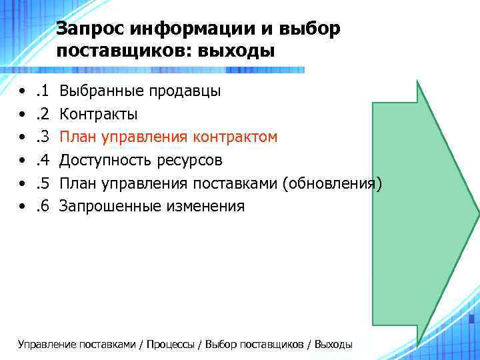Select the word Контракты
(x=99, y=114)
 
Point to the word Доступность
(x=105, y=160)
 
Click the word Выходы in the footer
(x=333, y=344)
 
